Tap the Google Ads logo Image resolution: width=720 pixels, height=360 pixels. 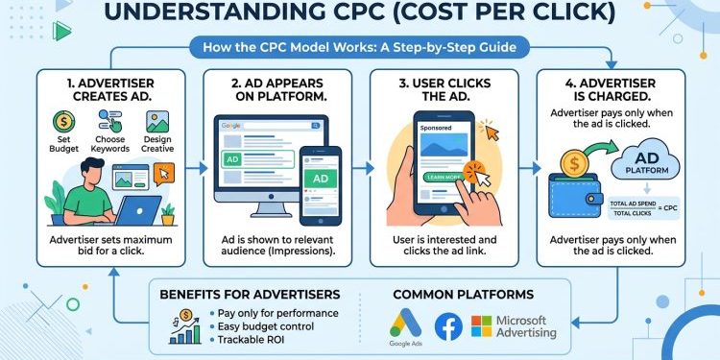[404, 321]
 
